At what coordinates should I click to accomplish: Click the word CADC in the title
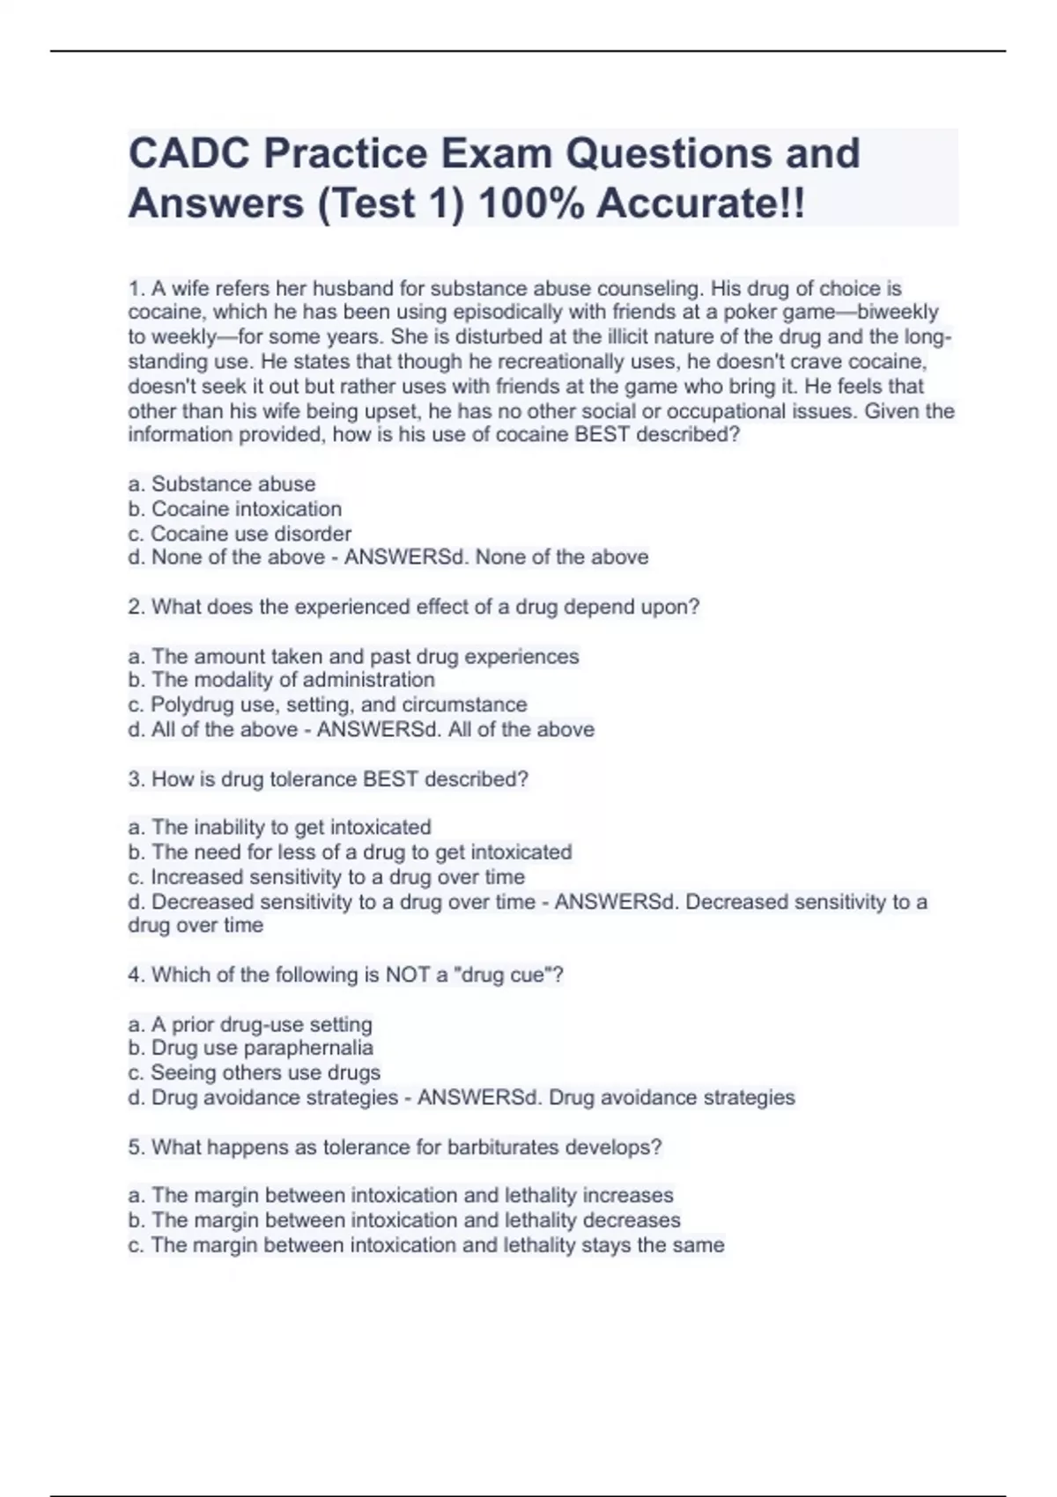(x=188, y=154)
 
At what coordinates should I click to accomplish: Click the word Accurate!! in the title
(x=700, y=204)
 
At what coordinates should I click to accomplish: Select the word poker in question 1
(x=744, y=313)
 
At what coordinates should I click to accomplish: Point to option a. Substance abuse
(x=222, y=484)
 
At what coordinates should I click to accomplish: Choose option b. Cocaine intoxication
(x=235, y=509)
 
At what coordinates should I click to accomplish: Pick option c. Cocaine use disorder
(x=240, y=534)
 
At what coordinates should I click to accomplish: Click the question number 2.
(x=136, y=607)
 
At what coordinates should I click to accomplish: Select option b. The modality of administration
(x=282, y=680)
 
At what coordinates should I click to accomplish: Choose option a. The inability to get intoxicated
(x=280, y=828)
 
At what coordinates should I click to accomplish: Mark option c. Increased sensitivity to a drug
(x=327, y=877)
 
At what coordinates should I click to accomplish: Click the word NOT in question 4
(x=407, y=975)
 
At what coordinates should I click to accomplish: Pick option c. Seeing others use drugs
(x=255, y=1073)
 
